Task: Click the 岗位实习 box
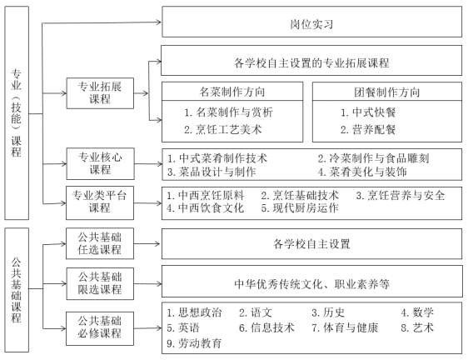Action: coord(312,22)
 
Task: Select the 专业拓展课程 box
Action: coord(100,93)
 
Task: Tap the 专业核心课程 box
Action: coord(100,163)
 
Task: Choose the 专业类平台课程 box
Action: coord(100,202)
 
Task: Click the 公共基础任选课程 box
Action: coord(100,243)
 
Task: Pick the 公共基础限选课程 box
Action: coord(100,283)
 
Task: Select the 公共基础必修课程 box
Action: coord(100,328)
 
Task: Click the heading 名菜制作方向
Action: coord(232,92)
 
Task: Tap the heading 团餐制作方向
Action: coord(387,92)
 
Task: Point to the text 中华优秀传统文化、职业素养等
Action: coord(312,283)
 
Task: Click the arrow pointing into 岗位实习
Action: coord(102,22)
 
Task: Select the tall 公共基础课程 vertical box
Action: coord(17,290)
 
